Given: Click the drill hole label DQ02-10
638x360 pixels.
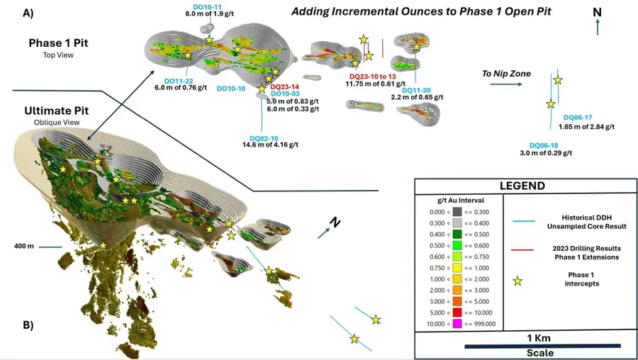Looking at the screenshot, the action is [264, 138].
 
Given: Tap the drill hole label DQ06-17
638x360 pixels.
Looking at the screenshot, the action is [578, 118].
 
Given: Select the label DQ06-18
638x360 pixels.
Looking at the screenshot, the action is [544, 145].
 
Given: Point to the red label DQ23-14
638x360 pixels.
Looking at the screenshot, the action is [284, 86].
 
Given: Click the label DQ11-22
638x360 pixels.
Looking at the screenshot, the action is [179, 81].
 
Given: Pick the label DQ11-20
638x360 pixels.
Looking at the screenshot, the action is [416, 90].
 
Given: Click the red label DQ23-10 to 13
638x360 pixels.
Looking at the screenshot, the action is [373, 77].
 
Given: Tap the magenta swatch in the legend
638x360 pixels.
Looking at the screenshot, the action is [457, 324].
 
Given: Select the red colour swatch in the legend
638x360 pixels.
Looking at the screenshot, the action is [457, 313].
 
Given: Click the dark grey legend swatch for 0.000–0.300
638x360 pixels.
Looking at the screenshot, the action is [457, 212].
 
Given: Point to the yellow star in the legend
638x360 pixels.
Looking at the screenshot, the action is [517, 281].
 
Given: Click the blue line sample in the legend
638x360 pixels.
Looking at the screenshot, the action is [523, 222].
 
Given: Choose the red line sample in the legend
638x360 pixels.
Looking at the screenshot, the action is [523, 249].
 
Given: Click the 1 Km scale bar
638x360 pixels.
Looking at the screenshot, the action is [543, 346].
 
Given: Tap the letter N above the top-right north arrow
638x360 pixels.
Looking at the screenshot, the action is [597, 13].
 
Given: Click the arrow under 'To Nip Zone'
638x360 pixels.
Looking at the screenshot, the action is [505, 84].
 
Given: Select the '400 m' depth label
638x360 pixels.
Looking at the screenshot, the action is [24, 246].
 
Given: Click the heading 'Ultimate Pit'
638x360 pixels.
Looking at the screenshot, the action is [57, 111].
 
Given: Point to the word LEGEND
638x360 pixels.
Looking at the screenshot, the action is [522, 186].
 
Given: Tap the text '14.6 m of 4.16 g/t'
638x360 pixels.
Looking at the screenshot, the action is [271, 145].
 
